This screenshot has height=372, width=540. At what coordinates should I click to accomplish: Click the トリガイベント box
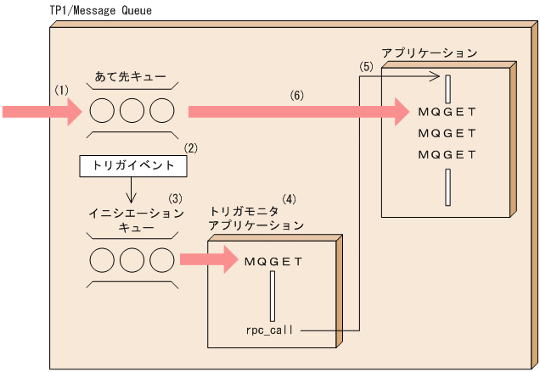pos(132,166)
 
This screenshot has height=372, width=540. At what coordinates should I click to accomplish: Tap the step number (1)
pos(60,89)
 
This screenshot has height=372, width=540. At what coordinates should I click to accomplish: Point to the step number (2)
pos(191,147)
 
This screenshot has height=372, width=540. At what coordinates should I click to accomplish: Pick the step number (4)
pos(290,200)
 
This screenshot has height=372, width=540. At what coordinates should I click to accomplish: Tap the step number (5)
pos(366,66)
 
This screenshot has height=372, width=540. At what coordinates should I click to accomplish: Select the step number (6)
pos(296,97)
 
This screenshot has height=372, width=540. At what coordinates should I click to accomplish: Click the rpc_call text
pos(269,330)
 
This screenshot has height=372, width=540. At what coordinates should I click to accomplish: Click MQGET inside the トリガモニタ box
pos(273,261)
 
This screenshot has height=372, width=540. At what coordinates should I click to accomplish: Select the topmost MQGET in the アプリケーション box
pos(447,111)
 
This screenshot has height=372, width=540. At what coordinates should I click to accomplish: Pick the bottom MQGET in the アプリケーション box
pos(447,154)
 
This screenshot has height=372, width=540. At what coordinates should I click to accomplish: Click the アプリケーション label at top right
pos(429,53)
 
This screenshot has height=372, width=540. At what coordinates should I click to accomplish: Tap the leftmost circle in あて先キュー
pos(102,111)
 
